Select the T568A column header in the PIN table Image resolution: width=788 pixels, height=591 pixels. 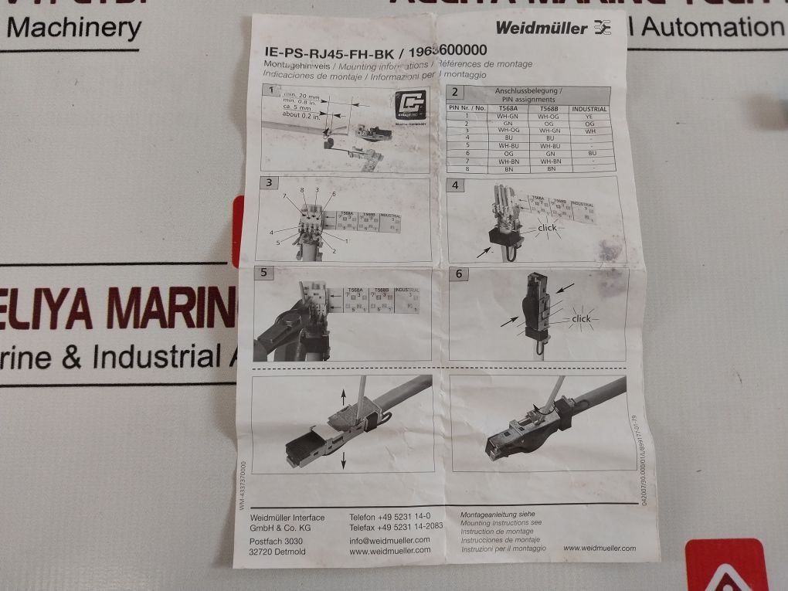coord(505,109)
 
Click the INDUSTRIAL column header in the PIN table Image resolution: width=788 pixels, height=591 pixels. coord(589,109)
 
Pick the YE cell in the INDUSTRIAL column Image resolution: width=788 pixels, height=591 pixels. coord(589,116)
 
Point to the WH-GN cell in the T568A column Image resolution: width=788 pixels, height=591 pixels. coord(506,116)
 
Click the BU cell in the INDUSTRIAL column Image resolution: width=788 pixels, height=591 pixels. coord(589,153)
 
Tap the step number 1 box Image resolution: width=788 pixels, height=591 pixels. coord(268,91)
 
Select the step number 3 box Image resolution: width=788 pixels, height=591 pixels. coord(269,183)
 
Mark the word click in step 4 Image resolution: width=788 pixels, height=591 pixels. coord(546,228)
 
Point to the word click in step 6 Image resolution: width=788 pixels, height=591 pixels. coord(580,318)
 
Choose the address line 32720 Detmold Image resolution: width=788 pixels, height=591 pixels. coord(277,551)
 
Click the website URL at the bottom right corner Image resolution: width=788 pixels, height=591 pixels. coord(599,548)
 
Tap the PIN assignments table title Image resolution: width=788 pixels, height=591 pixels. coord(528,95)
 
